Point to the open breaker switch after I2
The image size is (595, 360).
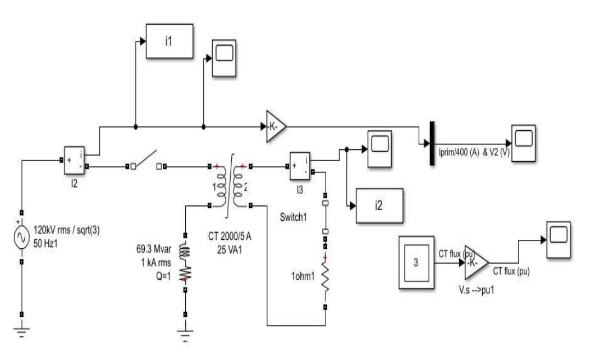click(x=146, y=162)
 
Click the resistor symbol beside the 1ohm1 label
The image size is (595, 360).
click(x=326, y=277)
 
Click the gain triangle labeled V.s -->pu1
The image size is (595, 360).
click(x=477, y=262)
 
